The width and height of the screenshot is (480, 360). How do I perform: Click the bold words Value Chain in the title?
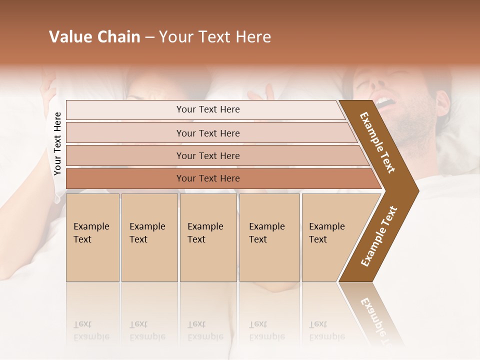94,37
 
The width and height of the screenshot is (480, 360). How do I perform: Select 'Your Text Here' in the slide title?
215,37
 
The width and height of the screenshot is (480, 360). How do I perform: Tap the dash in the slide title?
149,37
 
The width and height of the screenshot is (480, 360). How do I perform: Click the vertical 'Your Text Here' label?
57,143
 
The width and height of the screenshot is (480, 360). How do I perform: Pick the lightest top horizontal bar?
208,109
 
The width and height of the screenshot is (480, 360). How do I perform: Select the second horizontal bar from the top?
208,133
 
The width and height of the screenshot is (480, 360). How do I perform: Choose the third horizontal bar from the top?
208,155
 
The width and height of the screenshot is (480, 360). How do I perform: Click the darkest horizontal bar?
208,178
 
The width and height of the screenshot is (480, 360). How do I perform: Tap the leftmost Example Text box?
92,237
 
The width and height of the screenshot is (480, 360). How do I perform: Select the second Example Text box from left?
149,237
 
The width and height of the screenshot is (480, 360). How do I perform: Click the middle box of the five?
208,237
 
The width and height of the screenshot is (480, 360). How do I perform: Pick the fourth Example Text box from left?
269,237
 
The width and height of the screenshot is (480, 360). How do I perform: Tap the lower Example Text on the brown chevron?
379,236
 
